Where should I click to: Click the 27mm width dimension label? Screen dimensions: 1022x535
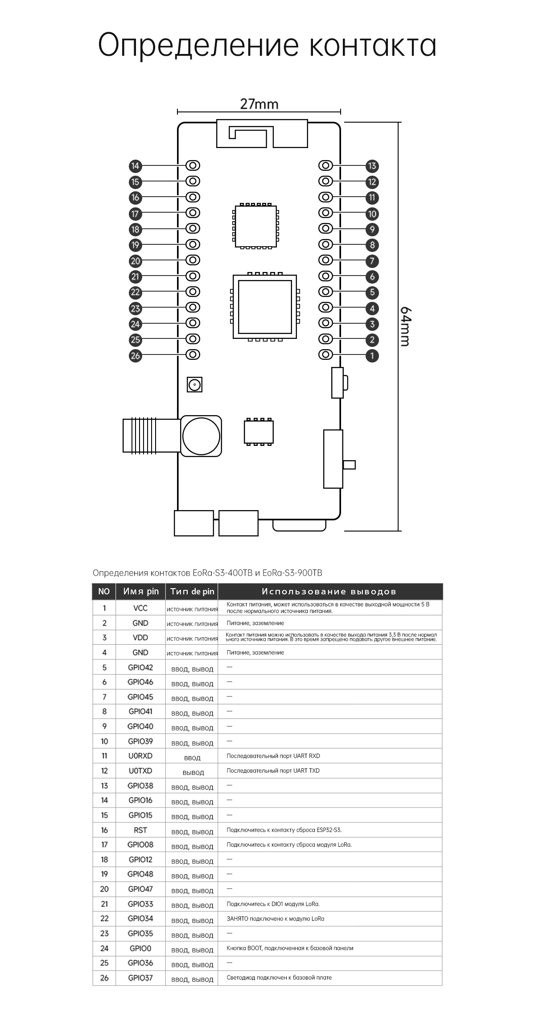point(259,104)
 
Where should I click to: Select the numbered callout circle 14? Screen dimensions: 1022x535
point(135,166)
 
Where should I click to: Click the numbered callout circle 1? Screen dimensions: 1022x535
point(372,355)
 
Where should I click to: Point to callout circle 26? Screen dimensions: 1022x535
point(135,356)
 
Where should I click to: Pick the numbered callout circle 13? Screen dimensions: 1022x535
point(372,166)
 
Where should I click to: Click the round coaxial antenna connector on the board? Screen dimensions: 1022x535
point(201,436)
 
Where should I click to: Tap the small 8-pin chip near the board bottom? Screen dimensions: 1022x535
point(259,432)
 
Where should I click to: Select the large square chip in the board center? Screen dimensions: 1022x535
point(265,306)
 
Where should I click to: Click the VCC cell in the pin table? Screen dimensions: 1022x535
point(140,608)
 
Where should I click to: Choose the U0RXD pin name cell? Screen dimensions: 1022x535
point(140,756)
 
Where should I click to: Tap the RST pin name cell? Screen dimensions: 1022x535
point(140,830)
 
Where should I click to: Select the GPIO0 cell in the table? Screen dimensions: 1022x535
point(140,948)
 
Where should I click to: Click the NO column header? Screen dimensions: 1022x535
point(104,591)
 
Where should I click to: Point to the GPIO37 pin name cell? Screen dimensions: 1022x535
point(140,977)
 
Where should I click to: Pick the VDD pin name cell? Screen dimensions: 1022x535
point(140,638)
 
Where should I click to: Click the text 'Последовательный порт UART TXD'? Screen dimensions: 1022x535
point(273,771)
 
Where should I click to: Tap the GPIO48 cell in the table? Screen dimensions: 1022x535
point(140,874)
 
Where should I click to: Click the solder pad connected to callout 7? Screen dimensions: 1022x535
point(326,260)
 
